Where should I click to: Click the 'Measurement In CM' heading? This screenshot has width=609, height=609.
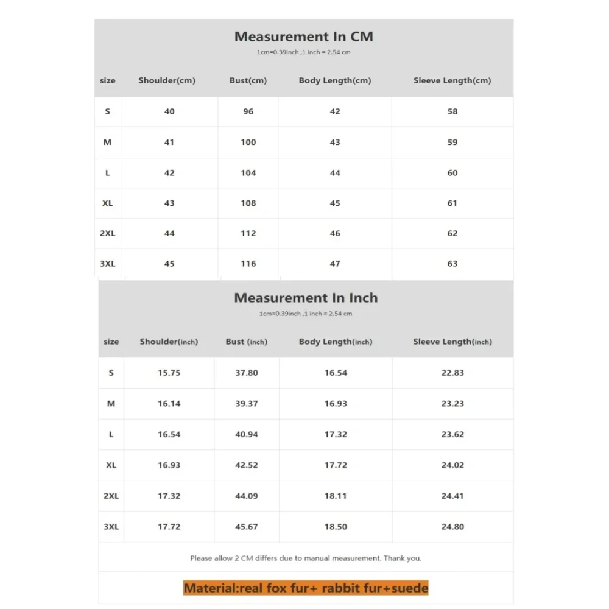point(303,37)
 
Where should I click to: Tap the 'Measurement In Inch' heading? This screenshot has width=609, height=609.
point(306,298)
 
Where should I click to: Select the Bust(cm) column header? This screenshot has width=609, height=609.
point(248,80)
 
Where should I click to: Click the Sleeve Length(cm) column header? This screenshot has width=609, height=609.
point(452,80)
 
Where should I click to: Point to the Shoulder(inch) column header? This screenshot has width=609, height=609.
point(169,342)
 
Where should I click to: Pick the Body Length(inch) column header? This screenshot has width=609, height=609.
point(335,342)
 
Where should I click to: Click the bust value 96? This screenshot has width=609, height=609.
point(248,111)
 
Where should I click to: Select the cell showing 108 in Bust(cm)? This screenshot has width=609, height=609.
point(248,203)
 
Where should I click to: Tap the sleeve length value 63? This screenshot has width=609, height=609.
point(452,264)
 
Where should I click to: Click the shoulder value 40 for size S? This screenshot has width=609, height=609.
point(169,111)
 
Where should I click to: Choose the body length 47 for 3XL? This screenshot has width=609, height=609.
point(335,264)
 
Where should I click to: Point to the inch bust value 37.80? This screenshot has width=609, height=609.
point(247,373)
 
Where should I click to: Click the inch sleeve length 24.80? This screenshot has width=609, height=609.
point(452,527)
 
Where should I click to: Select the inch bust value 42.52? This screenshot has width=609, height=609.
point(247,465)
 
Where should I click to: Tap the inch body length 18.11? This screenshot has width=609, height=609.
point(336,496)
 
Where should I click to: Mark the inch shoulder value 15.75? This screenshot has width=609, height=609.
point(169,373)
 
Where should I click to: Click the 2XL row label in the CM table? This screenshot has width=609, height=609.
point(108,233)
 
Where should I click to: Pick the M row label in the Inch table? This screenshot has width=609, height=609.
point(111,403)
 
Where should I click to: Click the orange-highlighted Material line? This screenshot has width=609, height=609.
point(306,588)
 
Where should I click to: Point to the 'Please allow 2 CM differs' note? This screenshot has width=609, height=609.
point(306,558)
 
